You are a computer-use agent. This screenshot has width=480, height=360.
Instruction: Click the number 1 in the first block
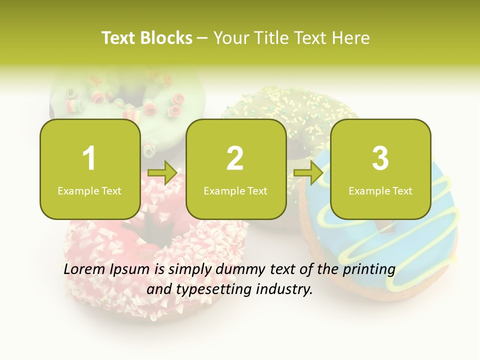tap(89, 158)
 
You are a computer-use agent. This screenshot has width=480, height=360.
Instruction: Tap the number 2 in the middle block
tap(235, 158)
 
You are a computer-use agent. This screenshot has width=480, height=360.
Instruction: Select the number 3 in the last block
tap(380, 158)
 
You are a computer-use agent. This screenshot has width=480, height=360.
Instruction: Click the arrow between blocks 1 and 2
tap(163, 173)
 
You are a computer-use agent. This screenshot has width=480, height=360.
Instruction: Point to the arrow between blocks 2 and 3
tap(308, 173)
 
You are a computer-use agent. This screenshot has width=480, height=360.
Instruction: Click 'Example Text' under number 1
tap(89, 191)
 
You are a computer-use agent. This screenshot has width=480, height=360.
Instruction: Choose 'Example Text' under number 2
tap(235, 191)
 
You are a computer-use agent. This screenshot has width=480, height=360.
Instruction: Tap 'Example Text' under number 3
tap(380, 191)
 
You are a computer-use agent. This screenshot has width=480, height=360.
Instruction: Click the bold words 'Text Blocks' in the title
tap(147, 38)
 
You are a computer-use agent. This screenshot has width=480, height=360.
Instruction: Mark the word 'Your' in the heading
tap(229, 38)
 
